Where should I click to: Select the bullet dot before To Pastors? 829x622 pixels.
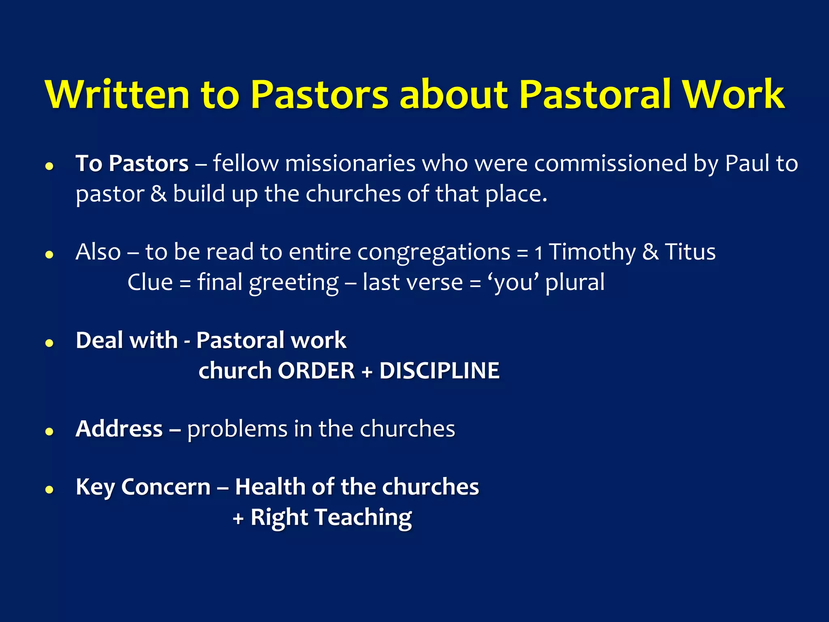[49, 166]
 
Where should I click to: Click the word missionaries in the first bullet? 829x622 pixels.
[350, 164]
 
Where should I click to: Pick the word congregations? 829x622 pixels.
[434, 252]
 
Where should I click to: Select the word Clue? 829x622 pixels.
[150, 282]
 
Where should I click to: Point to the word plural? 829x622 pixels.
[575, 282]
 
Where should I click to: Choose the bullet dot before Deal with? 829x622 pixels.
[49, 343]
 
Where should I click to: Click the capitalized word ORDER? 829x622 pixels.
[316, 371]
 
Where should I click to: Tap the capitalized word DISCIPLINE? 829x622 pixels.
[439, 371]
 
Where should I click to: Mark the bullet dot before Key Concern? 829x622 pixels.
[49, 490]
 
